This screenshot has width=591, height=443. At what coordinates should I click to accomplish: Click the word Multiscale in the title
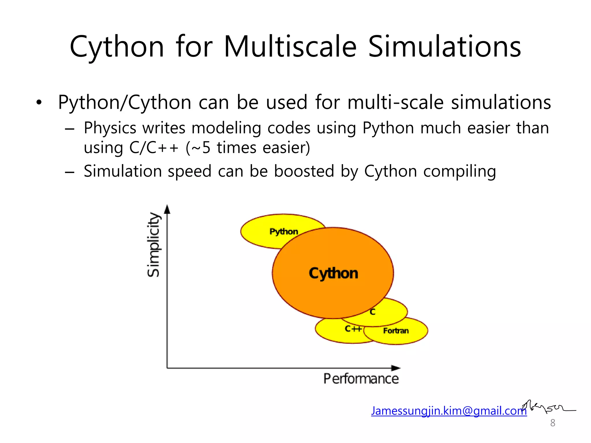[290, 47]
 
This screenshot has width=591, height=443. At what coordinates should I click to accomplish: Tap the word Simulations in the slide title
[444, 47]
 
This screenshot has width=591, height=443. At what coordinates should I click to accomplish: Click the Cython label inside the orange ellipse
[333, 273]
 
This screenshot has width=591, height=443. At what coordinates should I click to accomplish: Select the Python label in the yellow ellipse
[284, 231]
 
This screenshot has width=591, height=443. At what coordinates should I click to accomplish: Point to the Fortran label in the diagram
[396, 331]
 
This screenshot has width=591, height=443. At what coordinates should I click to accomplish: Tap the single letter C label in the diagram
[373, 312]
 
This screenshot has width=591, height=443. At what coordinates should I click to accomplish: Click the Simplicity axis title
[154, 245]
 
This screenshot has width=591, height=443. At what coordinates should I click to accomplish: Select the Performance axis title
[361, 379]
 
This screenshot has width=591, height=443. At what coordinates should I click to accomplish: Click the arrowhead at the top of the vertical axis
[167, 209]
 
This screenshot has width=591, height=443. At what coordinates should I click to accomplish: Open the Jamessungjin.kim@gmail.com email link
[449, 411]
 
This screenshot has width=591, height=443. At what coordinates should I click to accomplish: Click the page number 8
[553, 423]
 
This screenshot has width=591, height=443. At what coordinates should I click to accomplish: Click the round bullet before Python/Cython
[39, 102]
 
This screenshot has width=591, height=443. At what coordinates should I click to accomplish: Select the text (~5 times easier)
[248, 148]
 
